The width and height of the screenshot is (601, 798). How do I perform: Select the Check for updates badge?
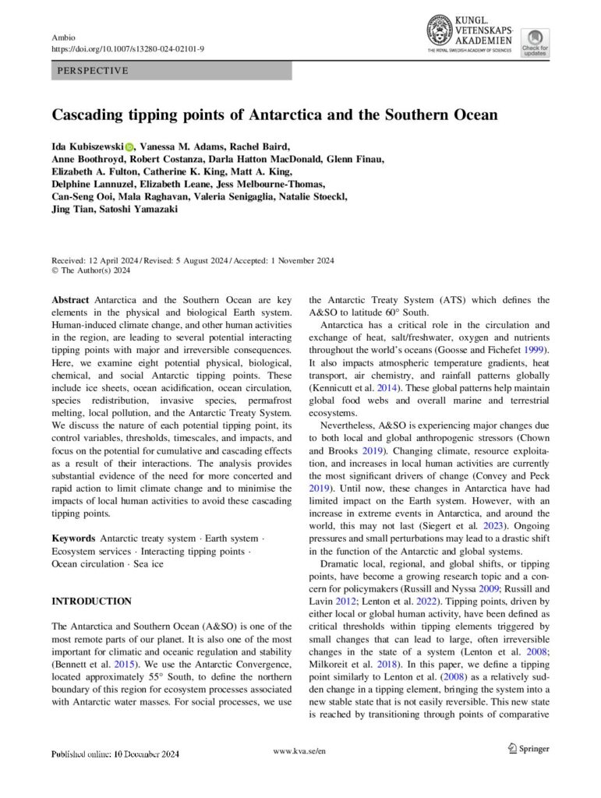click(535, 42)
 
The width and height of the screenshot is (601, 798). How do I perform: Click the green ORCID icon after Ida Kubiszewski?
click(129, 146)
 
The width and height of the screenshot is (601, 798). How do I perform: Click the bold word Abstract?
click(71, 300)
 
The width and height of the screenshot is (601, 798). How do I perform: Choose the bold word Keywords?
click(74, 538)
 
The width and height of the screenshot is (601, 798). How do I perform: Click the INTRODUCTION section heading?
click(91, 601)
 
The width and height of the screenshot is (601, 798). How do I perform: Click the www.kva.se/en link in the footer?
click(300, 750)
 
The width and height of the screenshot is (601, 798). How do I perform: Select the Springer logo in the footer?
click(528, 749)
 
